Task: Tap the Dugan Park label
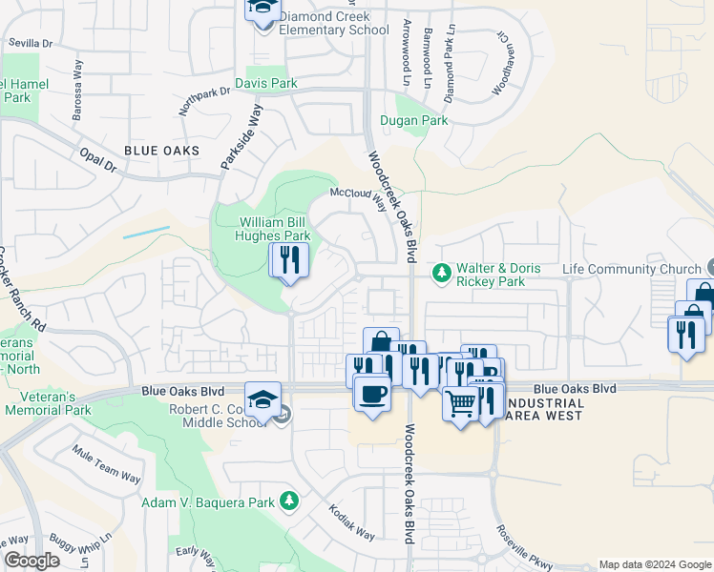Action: coord(414,121)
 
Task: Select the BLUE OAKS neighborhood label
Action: coord(161,151)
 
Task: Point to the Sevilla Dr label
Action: coord(30,43)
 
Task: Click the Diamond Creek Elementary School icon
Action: coord(262,11)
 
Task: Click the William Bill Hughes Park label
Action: coord(275,229)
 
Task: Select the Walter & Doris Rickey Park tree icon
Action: coord(442,275)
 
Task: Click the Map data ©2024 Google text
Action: coord(655,564)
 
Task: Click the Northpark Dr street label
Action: coord(203,101)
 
